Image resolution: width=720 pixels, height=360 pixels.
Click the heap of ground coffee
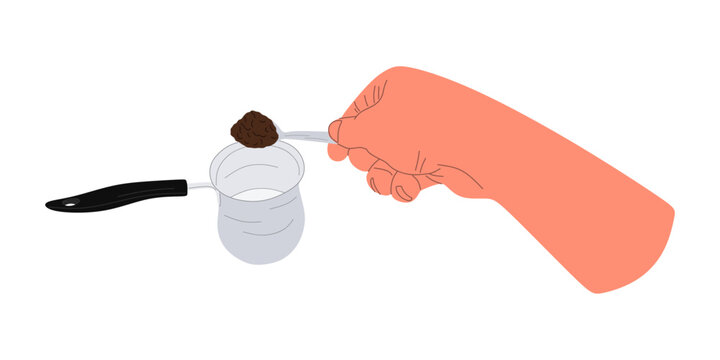pos(254,128)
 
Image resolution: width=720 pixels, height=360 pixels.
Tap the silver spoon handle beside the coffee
pos(305,135)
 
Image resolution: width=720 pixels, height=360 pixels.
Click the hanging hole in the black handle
pos(68,204)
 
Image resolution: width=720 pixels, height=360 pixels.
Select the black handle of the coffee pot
pos(120,193)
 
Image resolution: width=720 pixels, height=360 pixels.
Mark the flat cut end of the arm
pos(640,255)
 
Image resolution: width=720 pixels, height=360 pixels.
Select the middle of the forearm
pos(560,180)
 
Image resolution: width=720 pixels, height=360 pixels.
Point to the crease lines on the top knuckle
pos(375,100)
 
